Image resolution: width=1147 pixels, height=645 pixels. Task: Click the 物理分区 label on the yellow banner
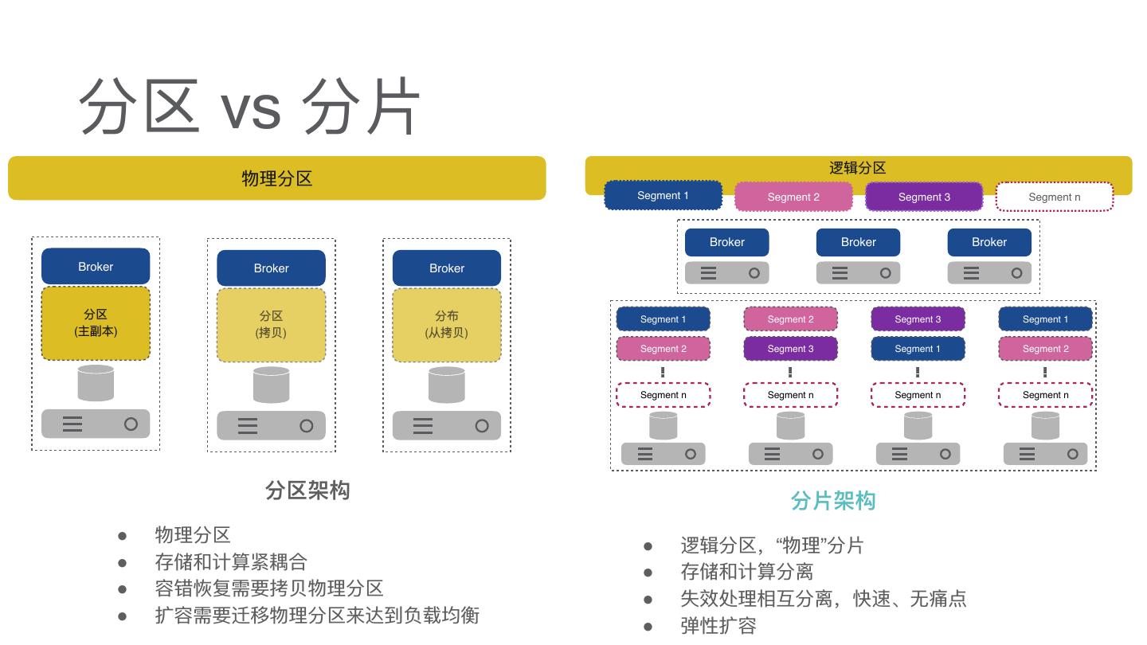pos(276,178)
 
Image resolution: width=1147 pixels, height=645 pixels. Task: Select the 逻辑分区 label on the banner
pos(858,168)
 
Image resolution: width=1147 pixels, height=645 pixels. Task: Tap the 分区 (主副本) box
pos(96,323)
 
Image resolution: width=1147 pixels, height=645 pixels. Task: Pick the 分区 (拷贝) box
pos(271,325)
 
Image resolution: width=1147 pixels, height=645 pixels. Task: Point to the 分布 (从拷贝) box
pos(447,325)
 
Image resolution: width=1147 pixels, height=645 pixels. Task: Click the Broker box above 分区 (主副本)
pos(96,267)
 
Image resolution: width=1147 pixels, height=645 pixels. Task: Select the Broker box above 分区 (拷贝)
pos(271,268)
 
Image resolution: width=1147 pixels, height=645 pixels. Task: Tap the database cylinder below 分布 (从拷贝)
pos(446,385)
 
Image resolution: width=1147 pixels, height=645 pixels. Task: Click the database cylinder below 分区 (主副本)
pos(96,383)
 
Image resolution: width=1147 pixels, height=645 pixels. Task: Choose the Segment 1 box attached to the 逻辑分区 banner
pos(663,196)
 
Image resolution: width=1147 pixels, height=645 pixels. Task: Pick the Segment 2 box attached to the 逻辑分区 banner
pos(793,197)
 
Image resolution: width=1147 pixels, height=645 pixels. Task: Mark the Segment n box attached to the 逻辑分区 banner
pos(1055,197)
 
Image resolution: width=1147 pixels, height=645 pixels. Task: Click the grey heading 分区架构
pos(307,491)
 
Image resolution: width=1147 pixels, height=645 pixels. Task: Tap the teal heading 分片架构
pos(833,501)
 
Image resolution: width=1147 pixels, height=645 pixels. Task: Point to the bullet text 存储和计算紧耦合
pos(231,562)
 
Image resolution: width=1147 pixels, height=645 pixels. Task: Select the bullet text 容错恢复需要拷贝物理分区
pos(269,588)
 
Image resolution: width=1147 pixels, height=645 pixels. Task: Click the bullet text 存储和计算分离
pos(746,572)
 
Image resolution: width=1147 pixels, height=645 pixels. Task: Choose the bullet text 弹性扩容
pos(718,626)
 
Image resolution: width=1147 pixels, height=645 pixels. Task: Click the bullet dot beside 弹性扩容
pos(648,626)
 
